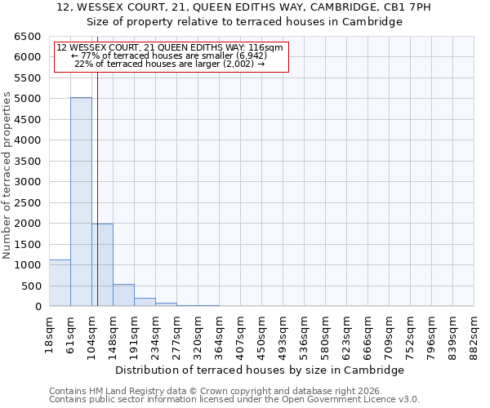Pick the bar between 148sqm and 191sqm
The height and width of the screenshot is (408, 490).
tap(123, 295)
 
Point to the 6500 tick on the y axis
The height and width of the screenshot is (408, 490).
tap(28, 37)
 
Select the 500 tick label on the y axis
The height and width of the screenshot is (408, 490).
tap(31, 286)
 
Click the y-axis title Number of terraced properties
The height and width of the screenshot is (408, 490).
tap(8, 175)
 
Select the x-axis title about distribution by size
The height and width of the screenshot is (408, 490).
tap(260, 370)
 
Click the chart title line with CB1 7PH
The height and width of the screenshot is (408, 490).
tap(244, 7)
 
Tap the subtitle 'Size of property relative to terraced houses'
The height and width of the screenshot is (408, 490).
tap(244, 22)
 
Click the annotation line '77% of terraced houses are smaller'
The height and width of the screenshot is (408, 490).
tap(170, 55)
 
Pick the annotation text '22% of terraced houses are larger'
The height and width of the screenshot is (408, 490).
tap(169, 64)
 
